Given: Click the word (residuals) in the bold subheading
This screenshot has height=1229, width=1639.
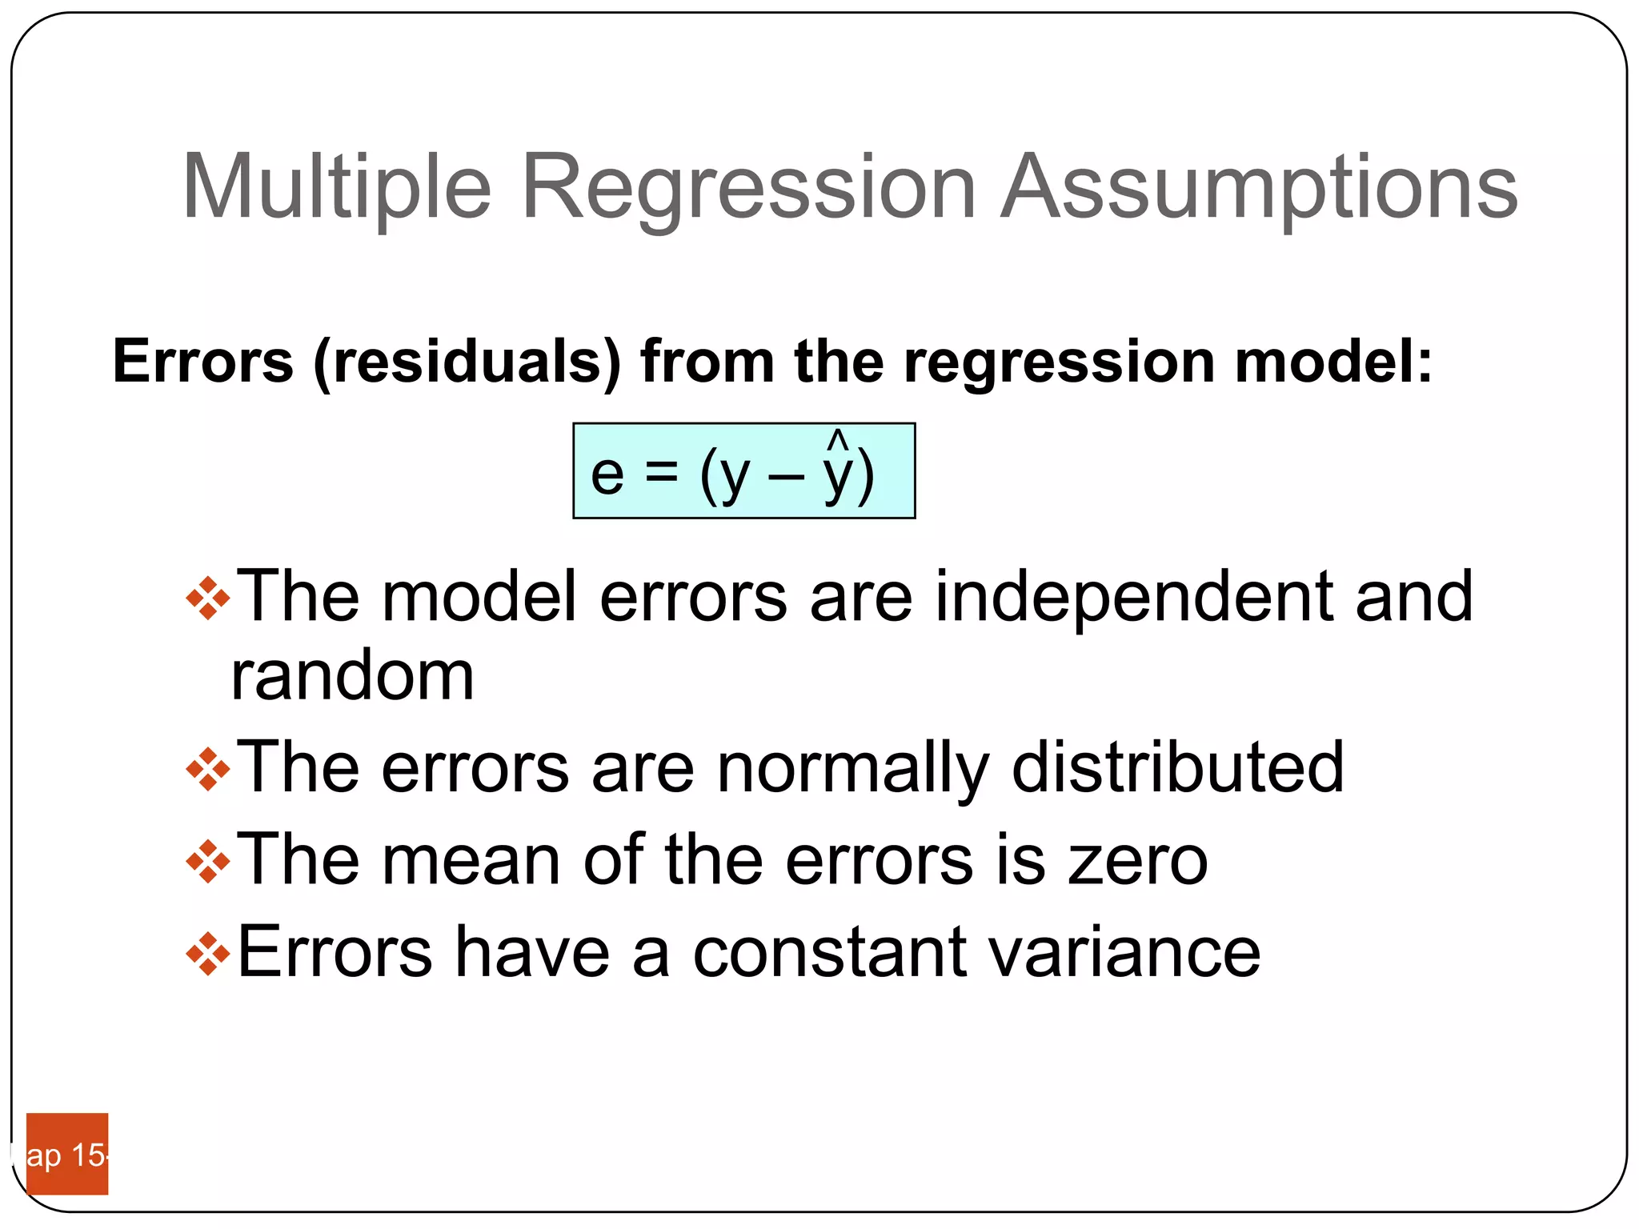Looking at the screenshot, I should pos(467,362).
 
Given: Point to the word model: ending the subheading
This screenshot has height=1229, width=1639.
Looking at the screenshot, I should pos(1333,362).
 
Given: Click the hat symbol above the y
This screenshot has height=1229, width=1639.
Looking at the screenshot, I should pos(837,439).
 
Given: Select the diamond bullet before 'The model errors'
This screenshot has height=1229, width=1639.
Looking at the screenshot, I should pos(208,598).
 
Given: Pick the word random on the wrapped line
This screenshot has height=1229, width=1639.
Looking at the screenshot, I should pos(352,677).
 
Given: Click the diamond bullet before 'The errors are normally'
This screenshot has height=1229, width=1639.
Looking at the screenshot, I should pos(208,769).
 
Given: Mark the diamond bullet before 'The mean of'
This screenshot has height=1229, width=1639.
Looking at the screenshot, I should pos(208,861).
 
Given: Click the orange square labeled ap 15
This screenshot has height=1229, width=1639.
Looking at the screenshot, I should pos(67,1153).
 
